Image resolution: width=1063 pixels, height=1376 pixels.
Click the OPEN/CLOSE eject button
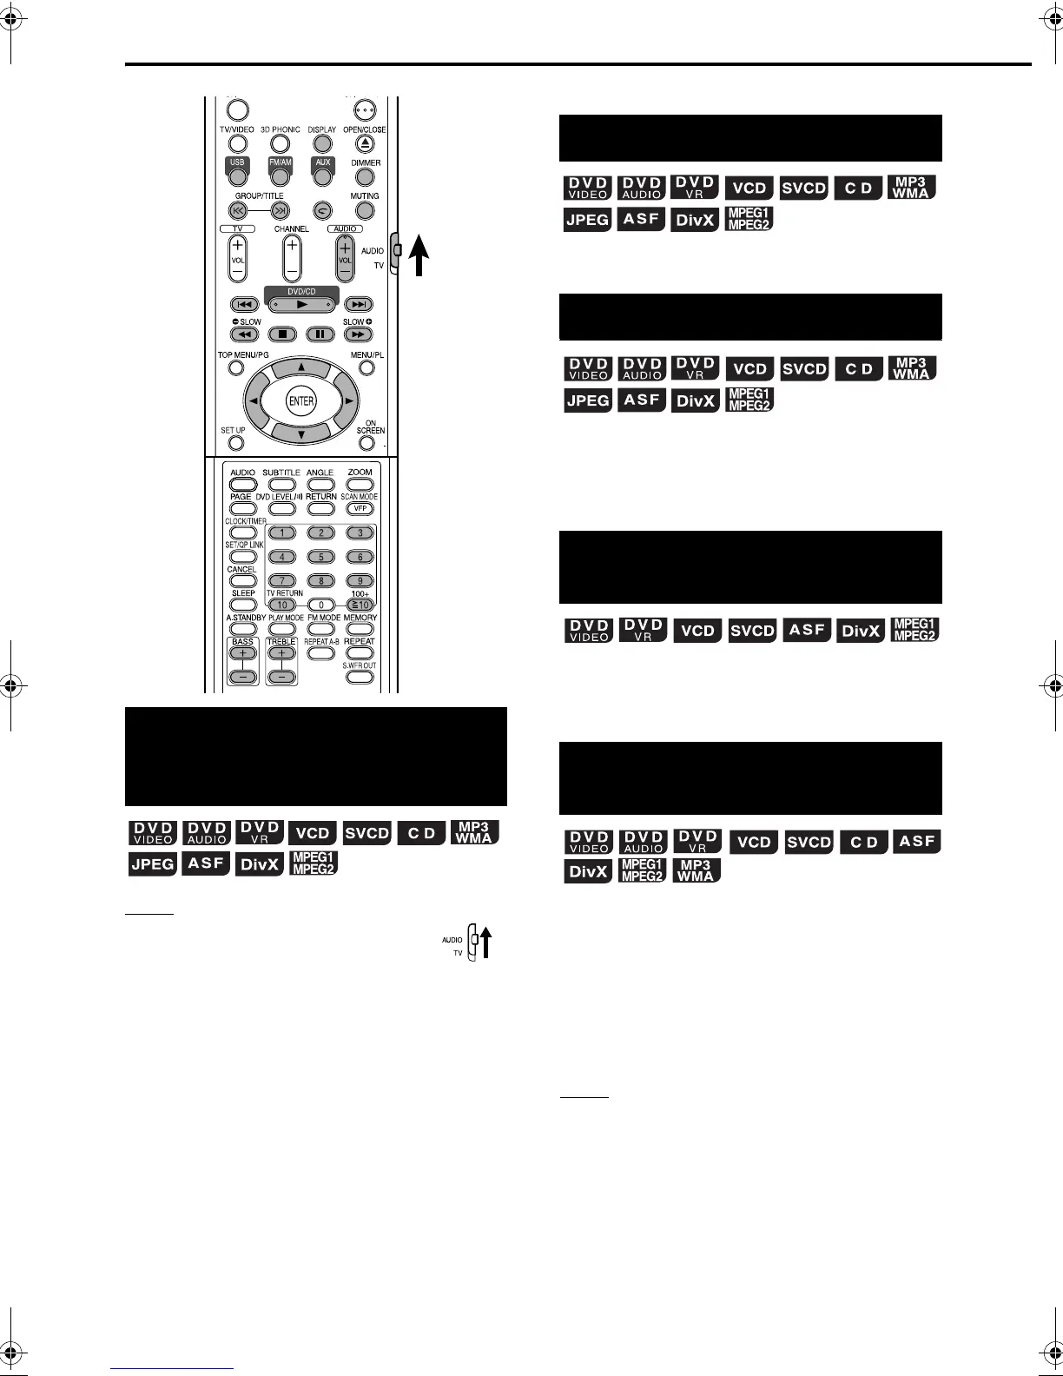(366, 144)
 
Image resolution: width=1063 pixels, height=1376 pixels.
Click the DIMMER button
(366, 177)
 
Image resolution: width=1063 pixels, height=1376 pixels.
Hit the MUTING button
(365, 210)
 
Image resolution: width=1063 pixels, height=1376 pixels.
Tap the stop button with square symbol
(281, 334)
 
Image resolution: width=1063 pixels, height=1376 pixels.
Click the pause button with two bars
(320, 334)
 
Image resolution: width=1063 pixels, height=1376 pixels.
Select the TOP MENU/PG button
(235, 367)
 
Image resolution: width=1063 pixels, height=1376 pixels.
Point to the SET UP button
(235, 444)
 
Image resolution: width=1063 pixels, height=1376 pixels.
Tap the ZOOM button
(360, 484)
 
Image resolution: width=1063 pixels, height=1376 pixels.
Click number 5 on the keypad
(320, 557)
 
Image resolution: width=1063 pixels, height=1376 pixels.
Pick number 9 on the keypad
(360, 580)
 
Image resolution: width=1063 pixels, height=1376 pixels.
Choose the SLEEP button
(243, 605)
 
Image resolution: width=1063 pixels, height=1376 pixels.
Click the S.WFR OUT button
(359, 677)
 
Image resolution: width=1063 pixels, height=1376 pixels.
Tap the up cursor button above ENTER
(301, 367)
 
